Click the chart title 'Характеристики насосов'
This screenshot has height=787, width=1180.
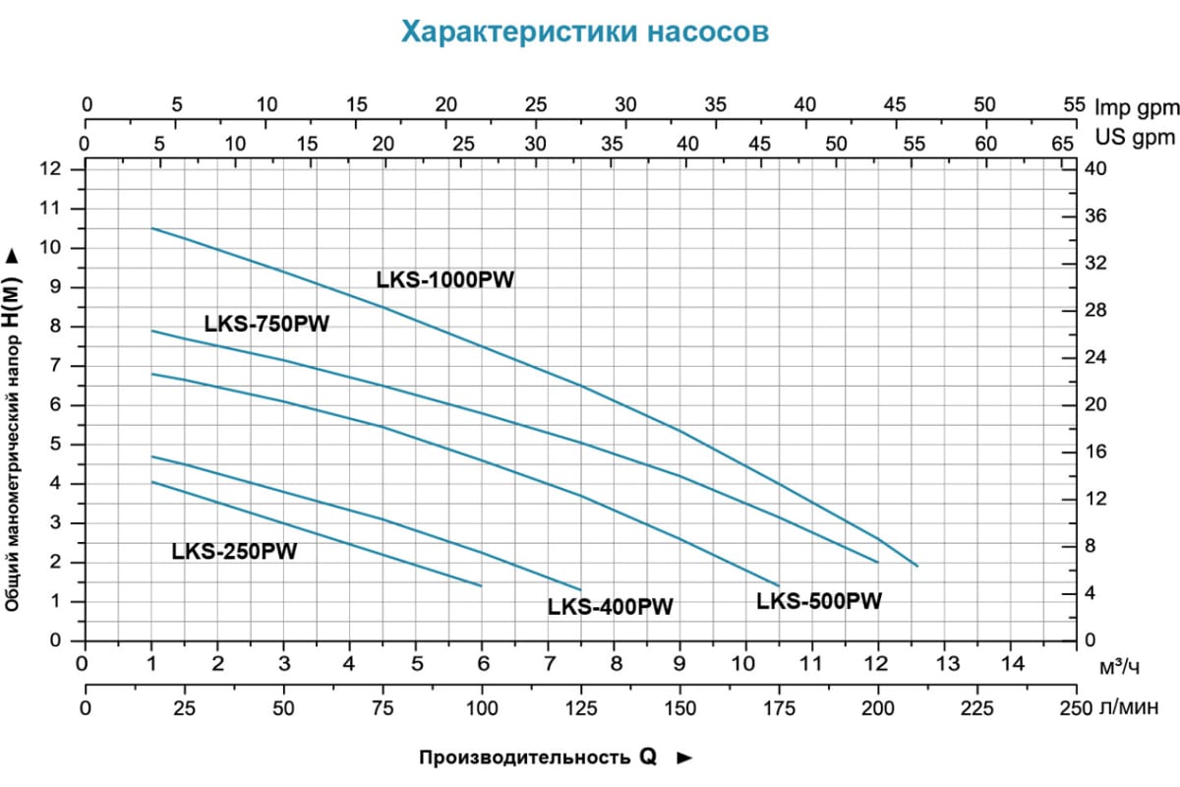(584, 32)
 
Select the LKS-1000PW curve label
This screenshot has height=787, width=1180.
(445, 279)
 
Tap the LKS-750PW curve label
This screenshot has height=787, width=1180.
(266, 324)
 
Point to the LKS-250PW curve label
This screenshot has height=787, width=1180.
(234, 551)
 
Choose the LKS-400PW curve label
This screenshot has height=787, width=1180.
(610, 607)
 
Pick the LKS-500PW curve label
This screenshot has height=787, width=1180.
(819, 600)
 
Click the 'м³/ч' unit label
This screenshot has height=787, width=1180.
(1121, 669)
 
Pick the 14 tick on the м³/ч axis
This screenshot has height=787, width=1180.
(1011, 660)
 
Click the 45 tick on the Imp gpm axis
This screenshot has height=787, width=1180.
(895, 105)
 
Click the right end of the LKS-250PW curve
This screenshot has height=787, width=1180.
(482, 585)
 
